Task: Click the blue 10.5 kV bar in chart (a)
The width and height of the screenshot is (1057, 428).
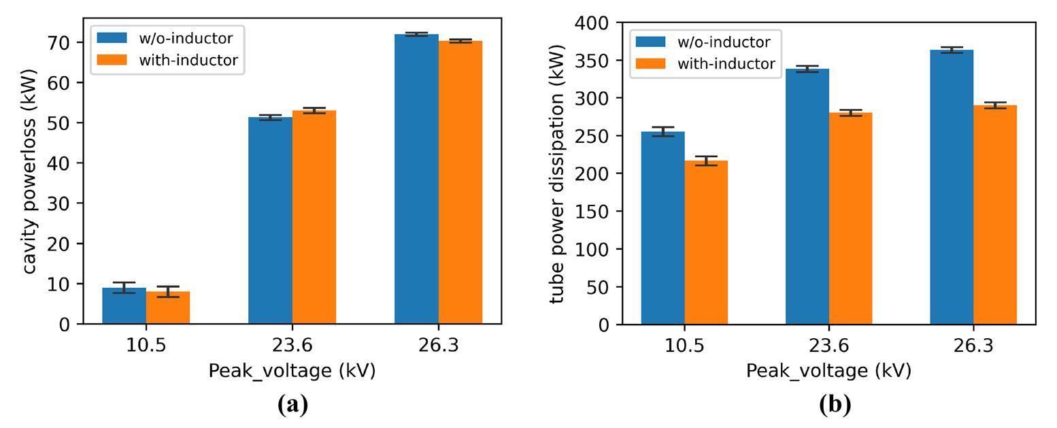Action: pyautogui.click(x=124, y=306)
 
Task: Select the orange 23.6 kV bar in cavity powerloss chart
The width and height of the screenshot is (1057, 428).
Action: pyautogui.click(x=314, y=218)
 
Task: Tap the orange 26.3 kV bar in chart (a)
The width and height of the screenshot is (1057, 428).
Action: pyautogui.click(x=460, y=184)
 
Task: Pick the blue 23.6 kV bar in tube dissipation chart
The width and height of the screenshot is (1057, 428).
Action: pyautogui.click(x=807, y=197)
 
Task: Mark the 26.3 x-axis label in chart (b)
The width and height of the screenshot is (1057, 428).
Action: pyautogui.click(x=973, y=346)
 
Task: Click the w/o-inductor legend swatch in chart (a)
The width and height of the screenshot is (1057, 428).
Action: pyautogui.click(x=112, y=38)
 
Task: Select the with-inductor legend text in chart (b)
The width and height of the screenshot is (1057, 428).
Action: pyautogui.click(x=726, y=64)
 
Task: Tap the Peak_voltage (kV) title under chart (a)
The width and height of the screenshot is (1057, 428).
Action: pyautogui.click(x=292, y=371)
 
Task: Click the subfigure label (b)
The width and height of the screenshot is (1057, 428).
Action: pyautogui.click(x=835, y=405)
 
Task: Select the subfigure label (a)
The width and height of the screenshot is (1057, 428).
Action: pyautogui.click(x=293, y=405)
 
